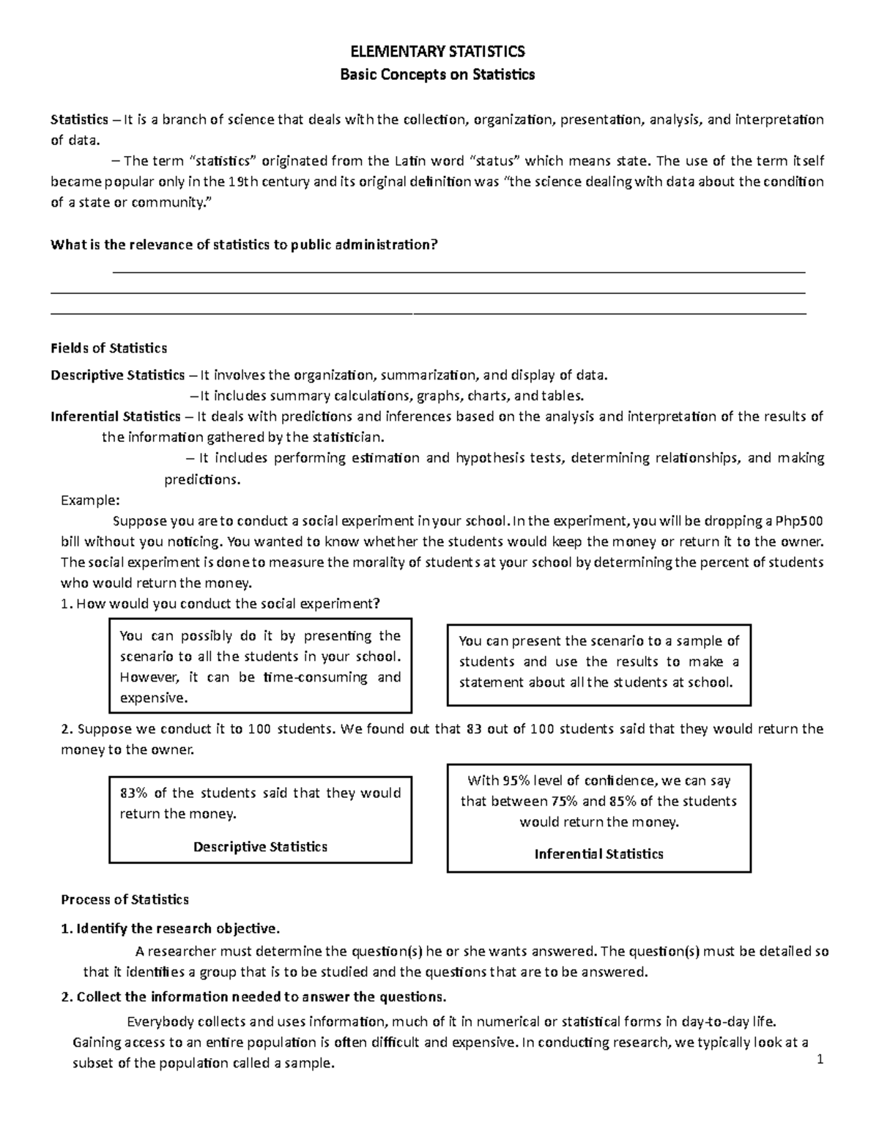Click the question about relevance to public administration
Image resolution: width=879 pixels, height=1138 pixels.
pos(243,245)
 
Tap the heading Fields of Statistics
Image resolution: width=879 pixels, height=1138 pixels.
pos(108,348)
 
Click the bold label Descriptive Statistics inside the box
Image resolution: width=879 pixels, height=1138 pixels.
pos(260,847)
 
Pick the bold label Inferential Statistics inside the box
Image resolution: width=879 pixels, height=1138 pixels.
pos(598,854)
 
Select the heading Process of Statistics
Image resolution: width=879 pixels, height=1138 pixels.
pos(125,900)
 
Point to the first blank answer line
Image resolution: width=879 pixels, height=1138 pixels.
pos(458,272)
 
